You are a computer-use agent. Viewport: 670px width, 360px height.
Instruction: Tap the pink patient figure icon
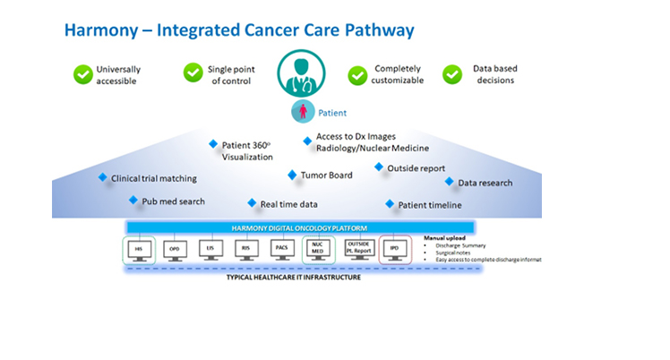coord(302,113)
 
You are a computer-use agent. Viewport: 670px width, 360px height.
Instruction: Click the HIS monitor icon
coord(139,249)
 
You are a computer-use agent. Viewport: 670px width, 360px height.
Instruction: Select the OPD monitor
coord(175,249)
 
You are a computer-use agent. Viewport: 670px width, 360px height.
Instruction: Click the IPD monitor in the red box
coord(394,249)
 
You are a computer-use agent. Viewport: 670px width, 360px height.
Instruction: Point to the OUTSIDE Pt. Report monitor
coord(357,249)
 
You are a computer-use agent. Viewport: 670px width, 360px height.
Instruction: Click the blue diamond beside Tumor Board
coord(292,175)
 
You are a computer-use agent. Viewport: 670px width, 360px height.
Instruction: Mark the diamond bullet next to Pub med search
coord(133,201)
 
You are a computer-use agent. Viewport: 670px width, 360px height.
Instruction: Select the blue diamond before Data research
coord(450,182)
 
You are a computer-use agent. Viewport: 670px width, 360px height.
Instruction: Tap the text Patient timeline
coord(430,205)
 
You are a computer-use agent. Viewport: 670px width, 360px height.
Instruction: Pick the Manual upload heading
coord(444,237)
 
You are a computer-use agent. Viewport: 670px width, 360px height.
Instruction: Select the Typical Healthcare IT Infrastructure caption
coord(293,278)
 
